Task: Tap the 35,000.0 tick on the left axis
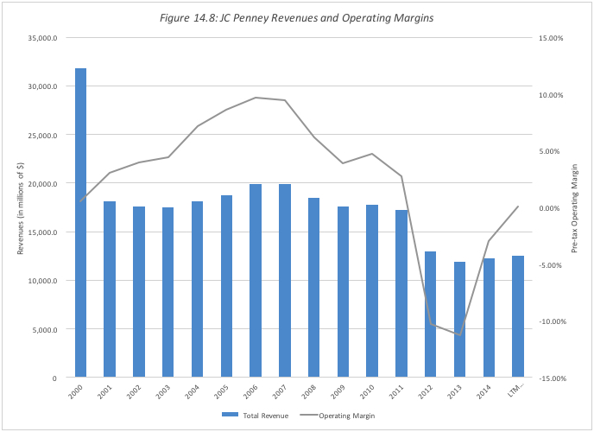point(42,38)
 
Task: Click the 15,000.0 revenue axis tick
point(42,232)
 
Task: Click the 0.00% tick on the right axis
point(552,208)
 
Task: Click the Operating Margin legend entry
point(342,416)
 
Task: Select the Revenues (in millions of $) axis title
point(22,208)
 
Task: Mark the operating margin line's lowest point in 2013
point(460,334)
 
